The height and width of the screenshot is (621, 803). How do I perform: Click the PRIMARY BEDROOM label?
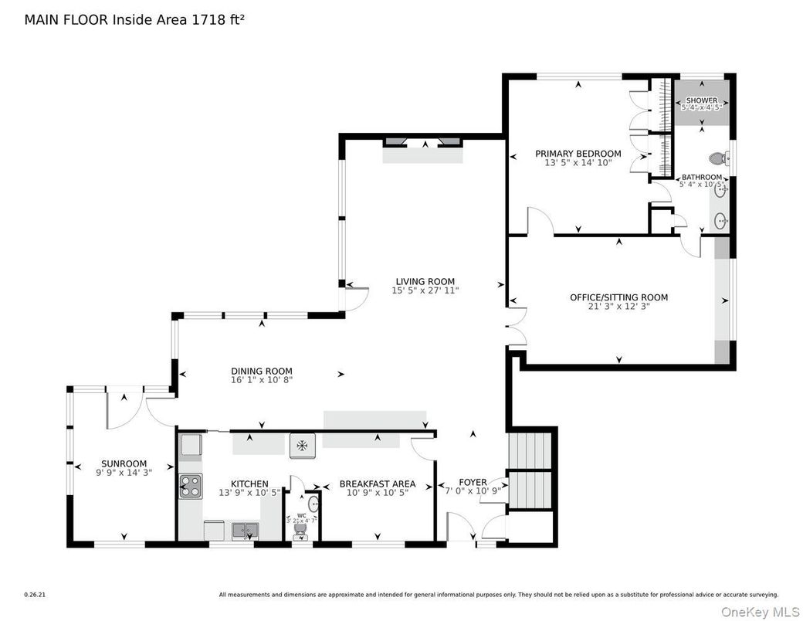(x=578, y=154)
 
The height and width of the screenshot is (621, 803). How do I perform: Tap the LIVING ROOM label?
(x=425, y=281)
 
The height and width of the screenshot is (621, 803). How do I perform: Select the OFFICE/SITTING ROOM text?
(x=618, y=297)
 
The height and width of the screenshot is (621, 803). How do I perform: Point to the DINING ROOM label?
(x=262, y=371)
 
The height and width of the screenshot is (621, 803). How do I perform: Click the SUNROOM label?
(x=124, y=463)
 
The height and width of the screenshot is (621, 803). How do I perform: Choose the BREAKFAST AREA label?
(x=377, y=484)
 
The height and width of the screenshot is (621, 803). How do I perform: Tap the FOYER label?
(x=473, y=483)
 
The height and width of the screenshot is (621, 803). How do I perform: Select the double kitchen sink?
(x=246, y=530)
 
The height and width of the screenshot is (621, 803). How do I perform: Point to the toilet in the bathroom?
(x=717, y=158)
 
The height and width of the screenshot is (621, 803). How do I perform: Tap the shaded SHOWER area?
(x=701, y=104)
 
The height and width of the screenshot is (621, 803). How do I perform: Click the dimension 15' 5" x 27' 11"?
(x=425, y=291)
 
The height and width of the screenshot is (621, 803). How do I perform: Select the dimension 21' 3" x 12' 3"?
(x=618, y=307)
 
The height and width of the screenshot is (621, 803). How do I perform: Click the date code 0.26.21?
(x=35, y=595)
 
